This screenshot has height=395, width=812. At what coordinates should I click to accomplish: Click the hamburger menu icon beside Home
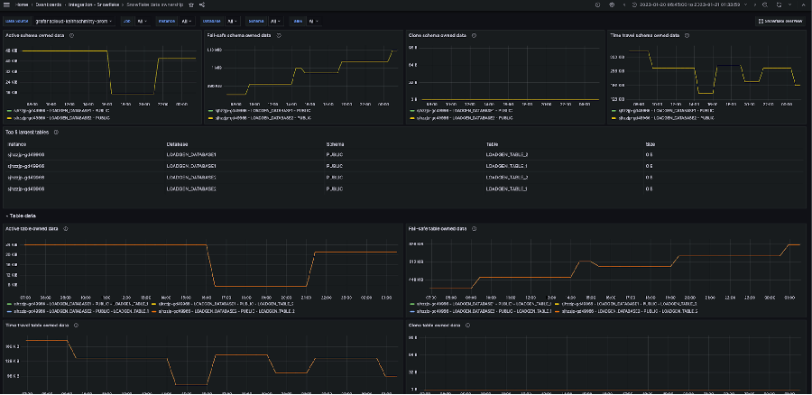coord(7,5)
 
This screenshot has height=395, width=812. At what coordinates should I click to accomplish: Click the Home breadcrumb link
coord(23,5)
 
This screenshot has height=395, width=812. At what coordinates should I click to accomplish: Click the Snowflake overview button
coord(780,20)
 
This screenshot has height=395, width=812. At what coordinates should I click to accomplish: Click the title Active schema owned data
coord(35,36)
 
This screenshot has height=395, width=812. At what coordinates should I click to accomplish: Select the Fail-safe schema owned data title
coord(239,36)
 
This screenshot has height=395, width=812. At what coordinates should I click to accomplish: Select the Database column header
coord(177,143)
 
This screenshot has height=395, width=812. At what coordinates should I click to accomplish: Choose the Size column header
coord(650,143)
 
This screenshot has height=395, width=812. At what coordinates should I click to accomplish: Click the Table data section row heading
coord(22,216)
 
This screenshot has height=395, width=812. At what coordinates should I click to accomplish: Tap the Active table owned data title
coord(32,229)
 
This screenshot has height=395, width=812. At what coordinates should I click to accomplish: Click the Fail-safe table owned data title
coord(438,229)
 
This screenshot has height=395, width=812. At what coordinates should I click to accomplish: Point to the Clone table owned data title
coord(433,325)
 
